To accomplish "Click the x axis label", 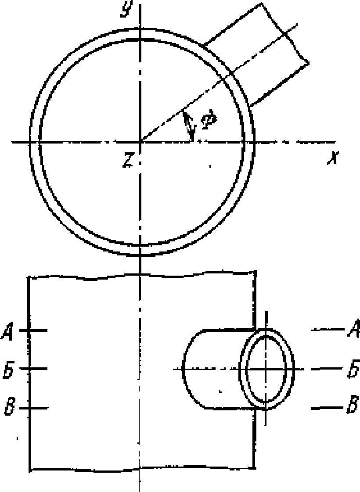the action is pos(332,158).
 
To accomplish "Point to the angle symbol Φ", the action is pos(208,120).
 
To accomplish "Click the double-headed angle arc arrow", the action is pos(189,126).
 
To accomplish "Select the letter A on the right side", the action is pos(353,328).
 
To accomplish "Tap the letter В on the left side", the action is pos(10,407).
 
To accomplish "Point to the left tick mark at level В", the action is pos(38,408).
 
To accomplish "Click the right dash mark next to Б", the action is pos(327,369).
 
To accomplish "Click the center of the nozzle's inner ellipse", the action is pos(266,369).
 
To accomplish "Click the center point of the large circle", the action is pos(140,142).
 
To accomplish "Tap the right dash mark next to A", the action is pos(328,329).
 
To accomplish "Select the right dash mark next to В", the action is pos(327,408).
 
